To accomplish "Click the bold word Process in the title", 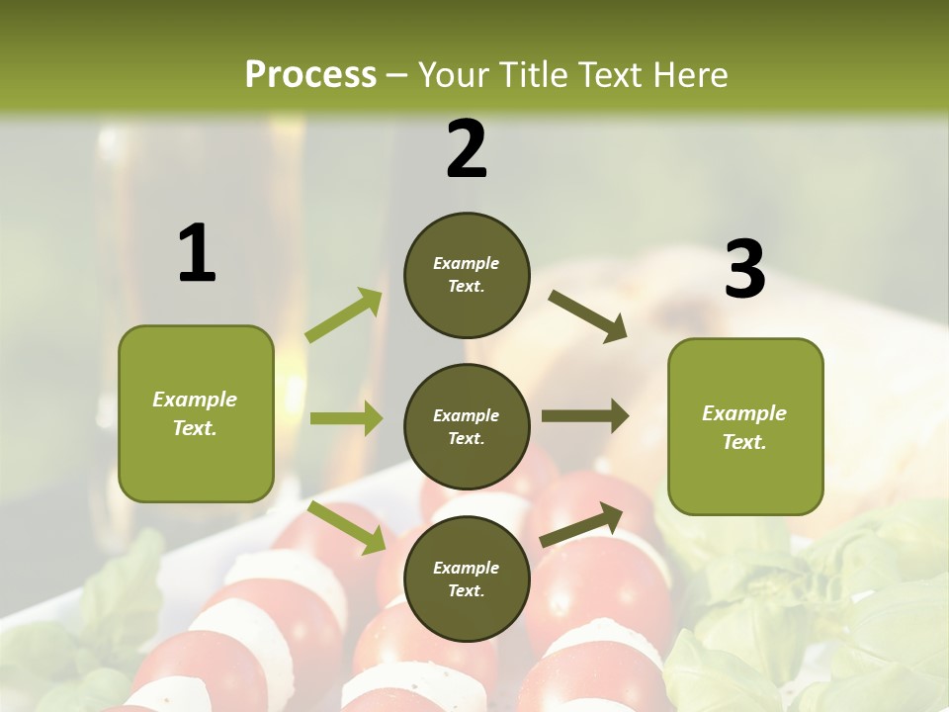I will pyautogui.click(x=310, y=74).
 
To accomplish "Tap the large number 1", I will pyautogui.click(x=197, y=253).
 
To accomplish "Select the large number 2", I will pyautogui.click(x=467, y=149).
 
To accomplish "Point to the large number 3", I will pyautogui.click(x=745, y=270).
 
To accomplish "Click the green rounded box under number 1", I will pyautogui.click(x=196, y=413).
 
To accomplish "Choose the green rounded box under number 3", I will pyautogui.click(x=745, y=426).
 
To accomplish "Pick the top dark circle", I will pyautogui.click(x=467, y=275).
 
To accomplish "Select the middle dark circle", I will pyautogui.click(x=467, y=426).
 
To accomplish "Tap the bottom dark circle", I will pyautogui.click(x=467, y=578).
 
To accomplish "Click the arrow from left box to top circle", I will pyautogui.click(x=344, y=315).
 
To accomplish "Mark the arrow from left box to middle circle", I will pyautogui.click(x=346, y=418).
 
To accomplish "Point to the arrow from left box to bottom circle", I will pyautogui.click(x=347, y=526).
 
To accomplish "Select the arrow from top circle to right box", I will pyautogui.click(x=587, y=315).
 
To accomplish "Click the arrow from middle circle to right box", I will pyautogui.click(x=585, y=416).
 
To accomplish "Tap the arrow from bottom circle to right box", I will pyautogui.click(x=581, y=524).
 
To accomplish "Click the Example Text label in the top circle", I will pyautogui.click(x=467, y=274).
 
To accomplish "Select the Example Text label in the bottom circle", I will pyautogui.click(x=467, y=578).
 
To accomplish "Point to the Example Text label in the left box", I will pyautogui.click(x=195, y=413).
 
